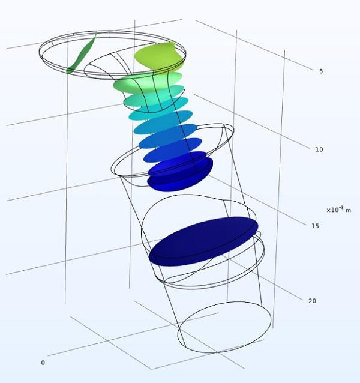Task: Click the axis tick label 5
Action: (x=321, y=71)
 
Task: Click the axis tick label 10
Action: (x=319, y=149)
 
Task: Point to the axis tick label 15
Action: (x=315, y=226)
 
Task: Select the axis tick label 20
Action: (x=312, y=301)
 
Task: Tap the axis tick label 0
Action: (x=43, y=363)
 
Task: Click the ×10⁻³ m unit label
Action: (x=339, y=210)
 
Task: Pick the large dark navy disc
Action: (x=203, y=241)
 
